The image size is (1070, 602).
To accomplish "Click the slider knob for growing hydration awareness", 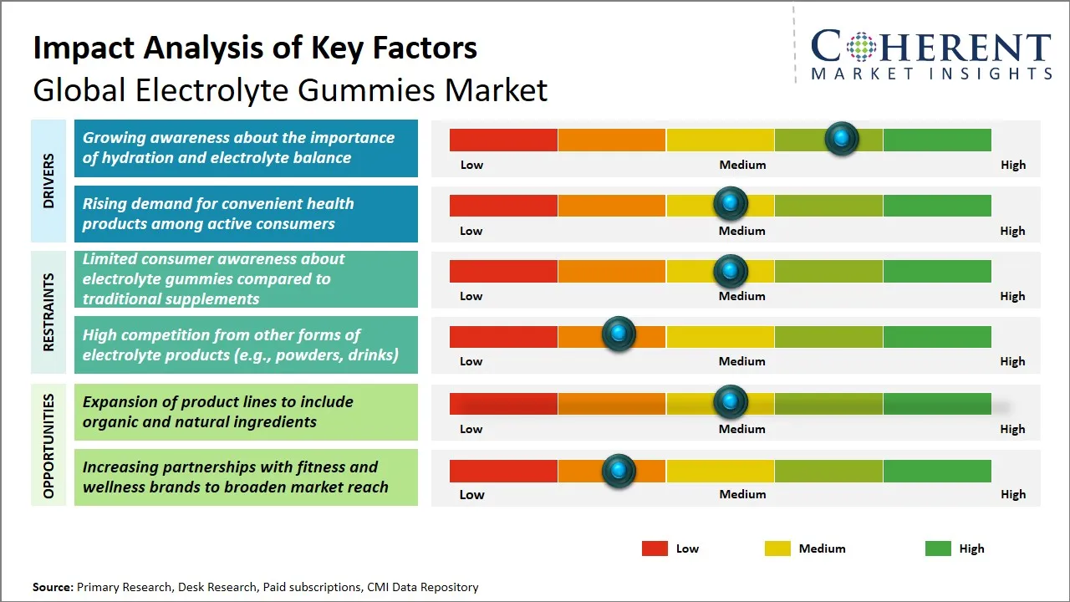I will coord(842,138).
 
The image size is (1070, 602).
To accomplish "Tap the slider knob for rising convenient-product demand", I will coord(731,203).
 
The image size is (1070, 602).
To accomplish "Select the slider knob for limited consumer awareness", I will coord(731,270).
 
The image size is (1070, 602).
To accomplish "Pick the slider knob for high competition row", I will coord(619,334).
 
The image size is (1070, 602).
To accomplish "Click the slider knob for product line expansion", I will coord(731,402).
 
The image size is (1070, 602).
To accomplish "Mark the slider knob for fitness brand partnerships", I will coord(619,471).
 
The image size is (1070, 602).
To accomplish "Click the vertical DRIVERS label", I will coord(48,181).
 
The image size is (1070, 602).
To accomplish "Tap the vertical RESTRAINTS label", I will coord(48,312).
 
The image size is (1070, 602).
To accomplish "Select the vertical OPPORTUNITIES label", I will coord(48,446).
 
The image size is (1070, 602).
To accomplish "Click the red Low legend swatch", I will coord(655,548).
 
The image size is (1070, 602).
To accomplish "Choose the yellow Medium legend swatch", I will coord(777,548).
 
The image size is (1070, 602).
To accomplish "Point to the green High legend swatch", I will coord(938,548).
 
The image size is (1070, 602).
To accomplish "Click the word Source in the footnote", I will coord(52,587).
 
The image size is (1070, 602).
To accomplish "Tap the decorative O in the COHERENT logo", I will coord(859,47).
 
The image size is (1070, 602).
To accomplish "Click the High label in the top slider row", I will coord(1013,165).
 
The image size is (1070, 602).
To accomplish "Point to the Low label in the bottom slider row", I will coord(471,494).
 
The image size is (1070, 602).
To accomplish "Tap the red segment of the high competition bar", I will coord(503,336).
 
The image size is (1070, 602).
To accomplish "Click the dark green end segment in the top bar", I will coord(936,140).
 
